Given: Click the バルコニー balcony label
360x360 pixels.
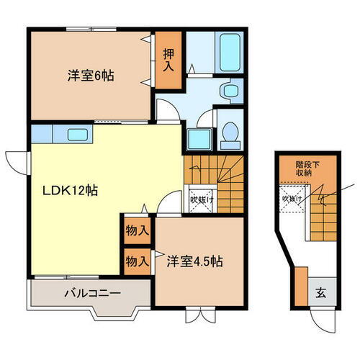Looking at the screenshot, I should coord(90,294).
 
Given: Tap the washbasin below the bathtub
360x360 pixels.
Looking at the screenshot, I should coord(230,91).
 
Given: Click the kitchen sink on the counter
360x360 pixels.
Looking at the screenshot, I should coord(77,133).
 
